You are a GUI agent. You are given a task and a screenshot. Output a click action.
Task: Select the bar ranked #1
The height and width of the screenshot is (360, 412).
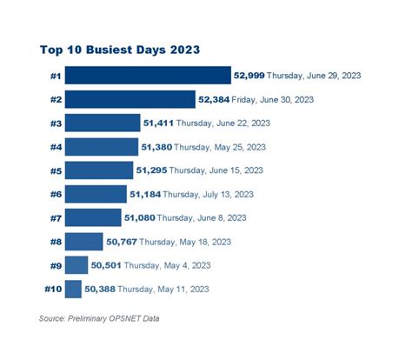point(148,76)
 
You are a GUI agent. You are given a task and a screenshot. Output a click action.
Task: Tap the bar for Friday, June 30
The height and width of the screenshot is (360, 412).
point(130,99)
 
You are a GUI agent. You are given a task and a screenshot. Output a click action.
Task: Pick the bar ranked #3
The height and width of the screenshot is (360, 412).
point(103,123)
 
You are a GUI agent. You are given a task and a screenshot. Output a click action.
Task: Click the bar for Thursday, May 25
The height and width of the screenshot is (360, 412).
point(102,147)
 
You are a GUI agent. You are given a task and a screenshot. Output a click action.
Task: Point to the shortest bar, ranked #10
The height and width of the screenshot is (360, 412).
point(73,289)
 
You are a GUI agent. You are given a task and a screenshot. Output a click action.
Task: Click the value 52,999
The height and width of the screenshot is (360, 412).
point(249,76)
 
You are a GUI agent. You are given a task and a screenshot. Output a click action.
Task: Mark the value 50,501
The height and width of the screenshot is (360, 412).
point(108,265)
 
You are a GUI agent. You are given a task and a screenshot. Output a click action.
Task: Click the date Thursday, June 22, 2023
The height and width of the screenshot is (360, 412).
point(220,123)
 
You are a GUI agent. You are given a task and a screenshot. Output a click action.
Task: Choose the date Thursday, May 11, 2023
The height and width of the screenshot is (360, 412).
point(163,289)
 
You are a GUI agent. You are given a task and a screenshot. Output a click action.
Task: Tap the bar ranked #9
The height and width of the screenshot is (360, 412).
point(76,265)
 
